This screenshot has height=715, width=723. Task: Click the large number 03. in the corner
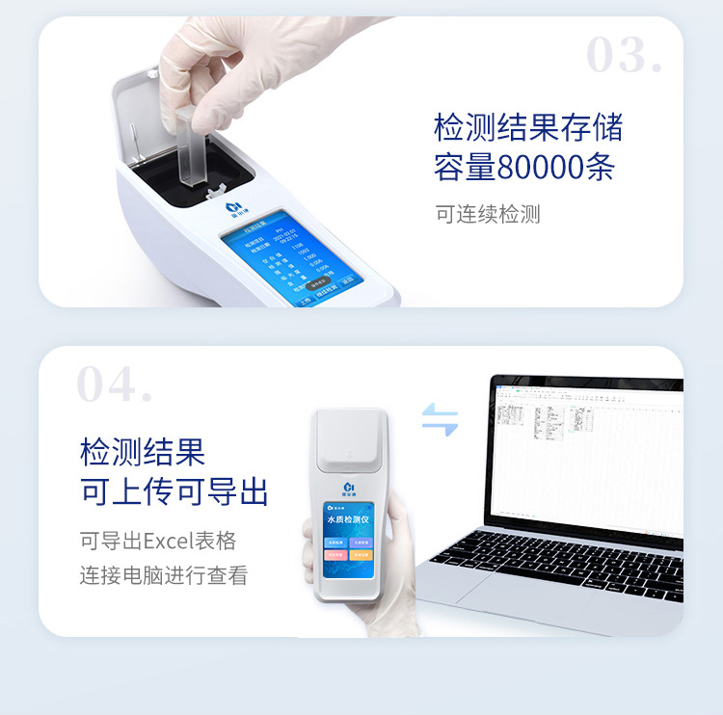pos(624,55)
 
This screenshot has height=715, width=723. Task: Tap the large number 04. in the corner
pos(114,384)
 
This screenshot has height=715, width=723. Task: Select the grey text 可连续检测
pos(488,214)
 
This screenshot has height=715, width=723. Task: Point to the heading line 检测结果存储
pos(528,127)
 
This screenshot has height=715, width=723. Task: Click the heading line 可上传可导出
pos(174,491)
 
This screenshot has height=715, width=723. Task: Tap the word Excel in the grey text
pos(167,541)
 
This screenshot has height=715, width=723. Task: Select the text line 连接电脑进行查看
pos(164,576)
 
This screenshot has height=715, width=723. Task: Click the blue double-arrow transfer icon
pos(440,419)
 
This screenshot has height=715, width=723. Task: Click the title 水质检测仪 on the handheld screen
pos(349,519)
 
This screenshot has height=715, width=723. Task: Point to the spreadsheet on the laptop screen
pos(588,453)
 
